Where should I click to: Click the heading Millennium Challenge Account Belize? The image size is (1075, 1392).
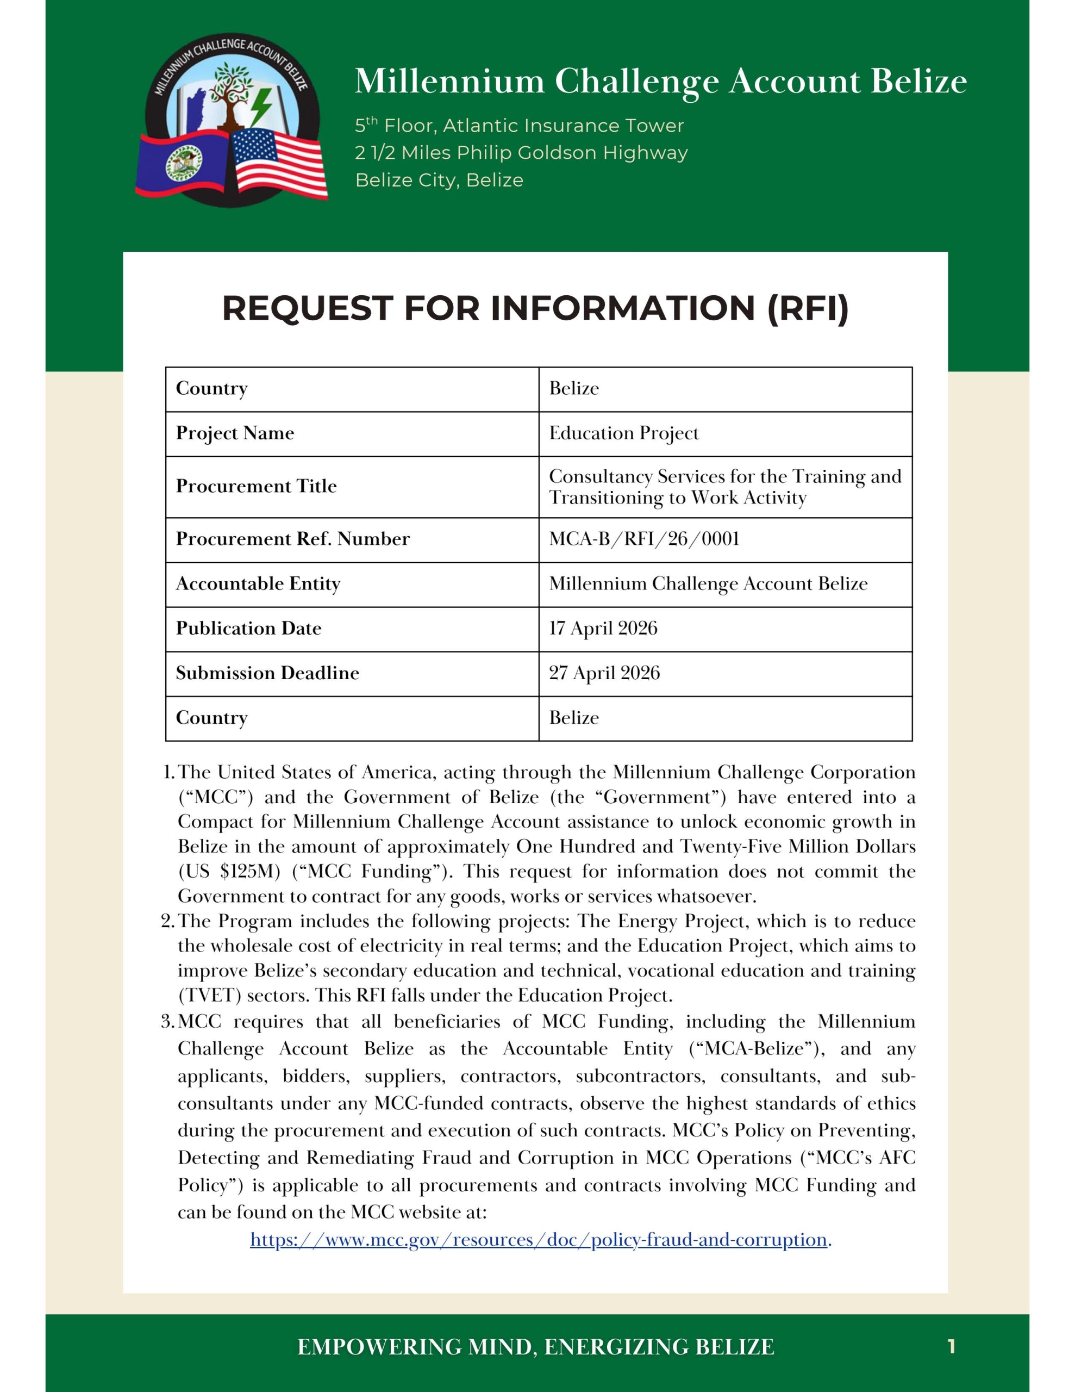click(x=660, y=82)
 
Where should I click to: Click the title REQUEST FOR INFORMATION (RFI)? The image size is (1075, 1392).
click(x=535, y=308)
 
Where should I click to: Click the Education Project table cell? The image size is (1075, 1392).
click(x=623, y=433)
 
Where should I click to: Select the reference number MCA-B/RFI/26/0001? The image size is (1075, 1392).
click(x=643, y=539)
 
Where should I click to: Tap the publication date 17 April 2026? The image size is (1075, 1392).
click(x=603, y=629)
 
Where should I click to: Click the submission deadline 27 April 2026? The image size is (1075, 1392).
click(x=604, y=673)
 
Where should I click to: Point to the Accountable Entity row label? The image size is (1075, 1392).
click(x=258, y=584)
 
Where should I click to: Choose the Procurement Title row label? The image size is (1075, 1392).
click(x=256, y=486)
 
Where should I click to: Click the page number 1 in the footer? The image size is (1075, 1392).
click(x=951, y=1347)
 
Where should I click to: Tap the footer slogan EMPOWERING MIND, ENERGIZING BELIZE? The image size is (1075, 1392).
click(x=535, y=1347)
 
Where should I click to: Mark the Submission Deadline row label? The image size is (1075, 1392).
click(x=267, y=673)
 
